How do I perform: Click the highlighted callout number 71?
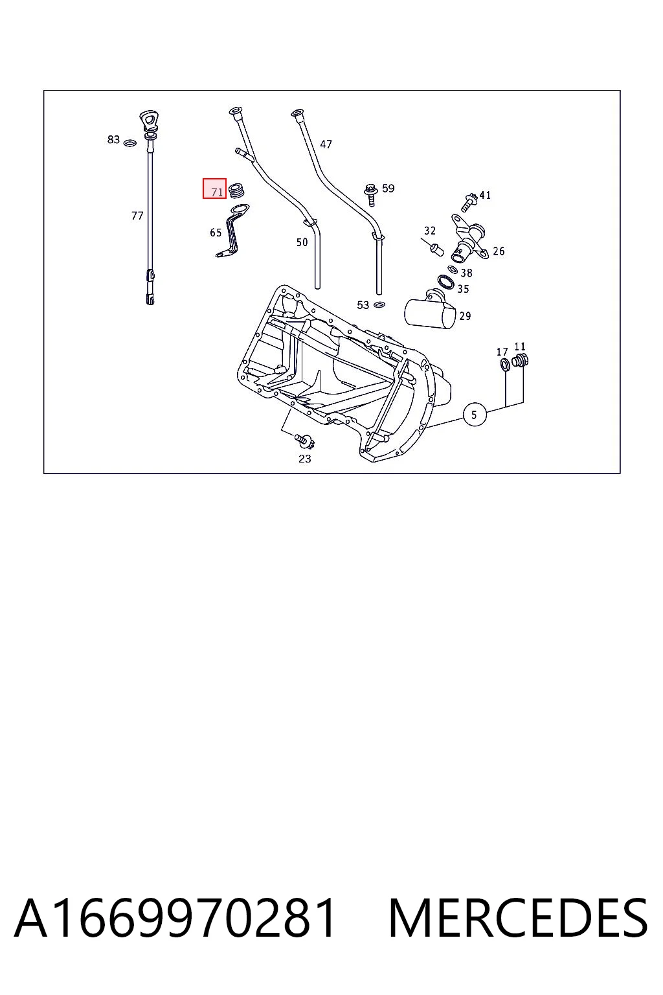pyautogui.click(x=217, y=192)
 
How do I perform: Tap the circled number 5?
pyautogui.click(x=475, y=415)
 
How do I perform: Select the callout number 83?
pyautogui.click(x=113, y=139)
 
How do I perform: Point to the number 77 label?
pyautogui.click(x=137, y=216)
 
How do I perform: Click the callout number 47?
pyautogui.click(x=326, y=144)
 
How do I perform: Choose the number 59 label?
pyautogui.click(x=388, y=189)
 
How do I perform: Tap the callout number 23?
pyautogui.click(x=305, y=459)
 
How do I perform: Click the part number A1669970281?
pyautogui.click(x=175, y=918)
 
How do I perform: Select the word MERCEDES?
pyautogui.click(x=518, y=918)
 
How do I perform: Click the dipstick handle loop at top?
pyautogui.click(x=149, y=120)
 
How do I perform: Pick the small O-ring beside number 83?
pyautogui.click(x=129, y=143)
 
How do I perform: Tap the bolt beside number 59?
pyautogui.click(x=370, y=195)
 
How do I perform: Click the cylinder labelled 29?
pyautogui.click(x=430, y=310)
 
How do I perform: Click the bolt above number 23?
pyautogui.click(x=305, y=440)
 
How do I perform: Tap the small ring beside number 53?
pyautogui.click(x=379, y=304)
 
